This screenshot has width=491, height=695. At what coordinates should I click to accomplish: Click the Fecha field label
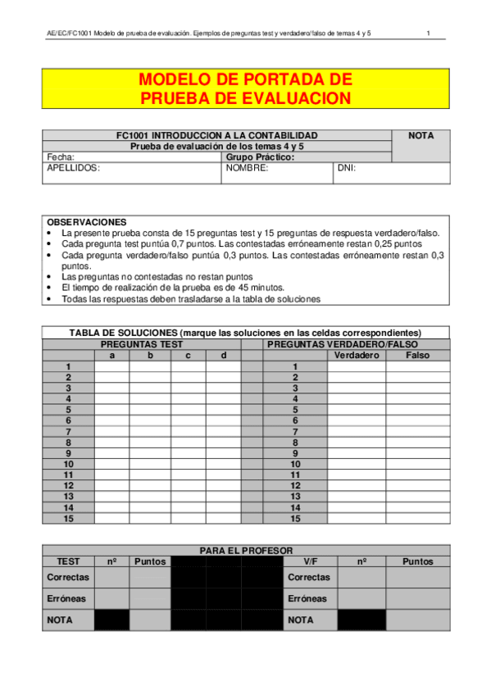(61, 157)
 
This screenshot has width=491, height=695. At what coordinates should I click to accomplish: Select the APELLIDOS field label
(73, 168)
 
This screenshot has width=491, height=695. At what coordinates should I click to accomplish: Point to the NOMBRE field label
(248, 168)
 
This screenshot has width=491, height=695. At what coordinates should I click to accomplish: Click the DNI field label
(347, 168)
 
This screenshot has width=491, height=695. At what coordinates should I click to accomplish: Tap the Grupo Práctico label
(260, 157)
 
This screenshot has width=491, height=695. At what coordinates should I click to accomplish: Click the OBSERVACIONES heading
(87, 222)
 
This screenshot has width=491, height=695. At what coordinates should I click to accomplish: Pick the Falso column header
(417, 356)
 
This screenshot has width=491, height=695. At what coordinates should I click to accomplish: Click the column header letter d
(223, 356)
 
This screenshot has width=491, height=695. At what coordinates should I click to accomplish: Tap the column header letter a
(111, 356)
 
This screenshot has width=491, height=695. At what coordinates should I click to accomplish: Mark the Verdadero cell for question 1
(357, 366)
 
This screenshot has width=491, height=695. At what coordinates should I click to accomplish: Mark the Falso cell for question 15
(417, 519)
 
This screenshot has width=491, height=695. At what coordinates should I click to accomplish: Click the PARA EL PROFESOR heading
(246, 551)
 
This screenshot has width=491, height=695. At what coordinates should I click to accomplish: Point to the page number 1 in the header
(428, 33)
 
